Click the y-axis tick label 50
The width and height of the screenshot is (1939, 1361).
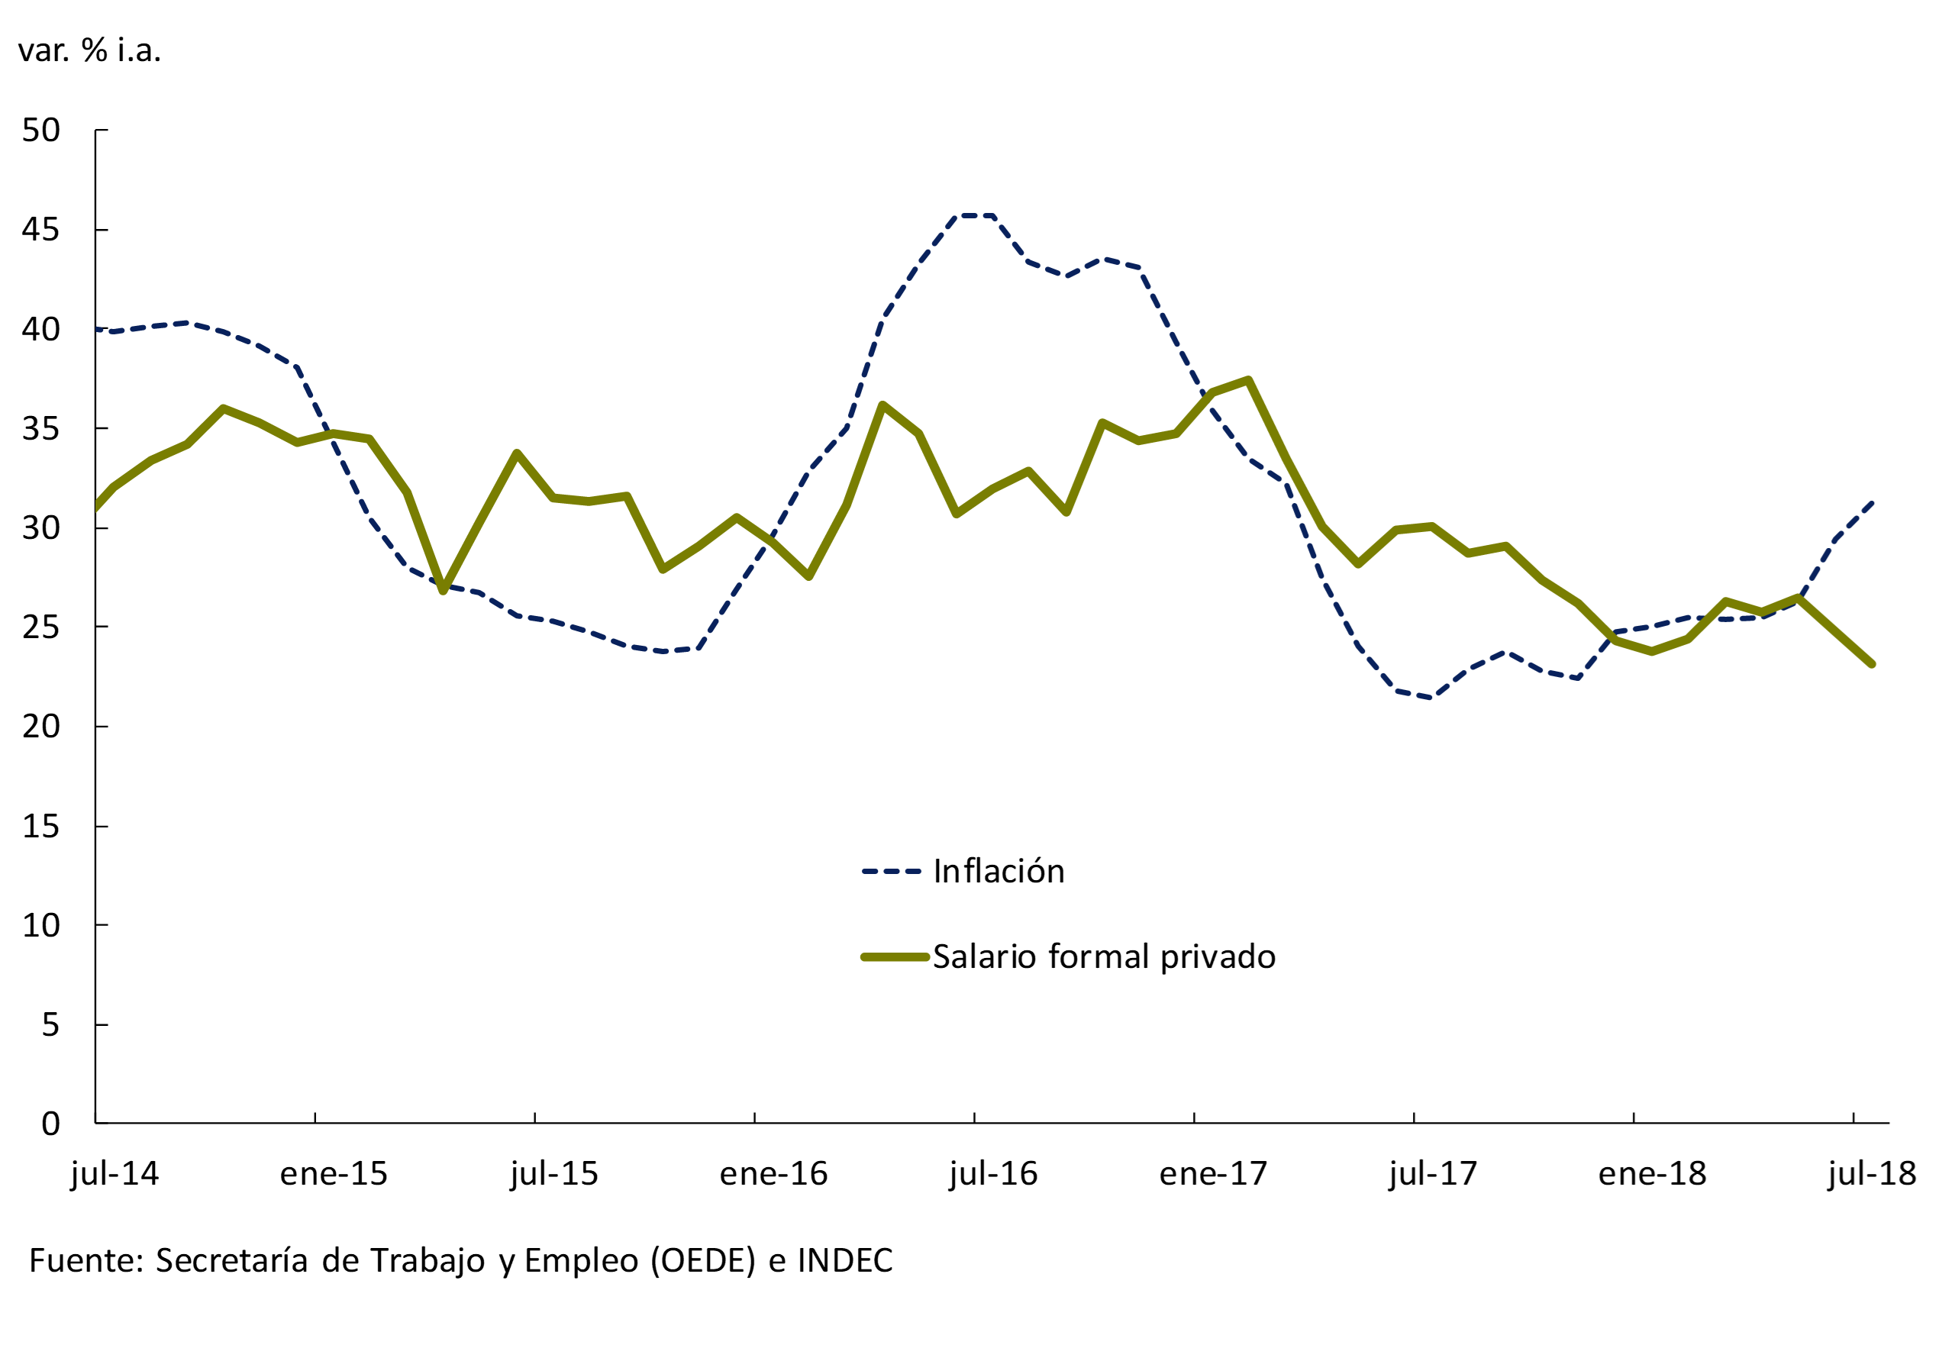(x=41, y=131)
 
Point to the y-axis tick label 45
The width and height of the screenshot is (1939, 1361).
(x=41, y=230)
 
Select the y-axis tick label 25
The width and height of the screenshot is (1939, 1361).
(x=41, y=627)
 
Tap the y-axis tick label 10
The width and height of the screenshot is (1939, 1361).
(x=41, y=925)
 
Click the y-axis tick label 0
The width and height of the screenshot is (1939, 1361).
(x=50, y=1124)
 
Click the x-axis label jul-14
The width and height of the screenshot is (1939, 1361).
(x=115, y=1175)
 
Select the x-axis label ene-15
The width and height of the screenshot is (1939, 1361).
(x=334, y=1175)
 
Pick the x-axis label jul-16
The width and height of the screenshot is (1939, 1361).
(x=993, y=1175)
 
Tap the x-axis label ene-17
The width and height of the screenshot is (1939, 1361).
(x=1213, y=1175)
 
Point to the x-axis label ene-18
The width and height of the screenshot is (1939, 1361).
(x=1652, y=1175)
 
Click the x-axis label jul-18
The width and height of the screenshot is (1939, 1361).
(x=1871, y=1175)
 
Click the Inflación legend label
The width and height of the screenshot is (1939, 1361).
(x=999, y=871)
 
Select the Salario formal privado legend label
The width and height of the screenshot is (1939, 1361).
(x=1104, y=956)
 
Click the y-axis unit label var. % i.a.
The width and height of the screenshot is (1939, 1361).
(x=89, y=50)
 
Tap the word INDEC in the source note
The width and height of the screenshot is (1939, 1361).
(x=844, y=1260)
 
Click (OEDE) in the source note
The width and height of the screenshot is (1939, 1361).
(x=702, y=1260)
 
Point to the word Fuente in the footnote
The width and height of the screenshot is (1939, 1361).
(x=86, y=1260)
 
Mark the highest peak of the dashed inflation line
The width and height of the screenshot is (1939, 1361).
(x=975, y=216)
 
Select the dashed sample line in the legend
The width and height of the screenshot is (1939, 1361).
(x=891, y=871)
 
